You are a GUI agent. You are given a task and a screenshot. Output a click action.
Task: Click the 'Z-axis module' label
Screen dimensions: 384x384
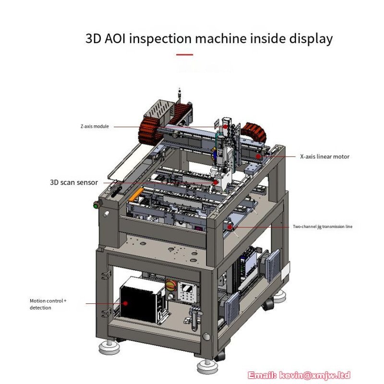95,126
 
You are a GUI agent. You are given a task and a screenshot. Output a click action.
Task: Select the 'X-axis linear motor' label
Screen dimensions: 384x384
325,156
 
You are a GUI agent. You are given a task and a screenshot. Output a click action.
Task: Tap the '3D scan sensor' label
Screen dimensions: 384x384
74,182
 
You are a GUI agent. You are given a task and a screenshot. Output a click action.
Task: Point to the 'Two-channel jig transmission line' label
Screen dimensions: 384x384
323,227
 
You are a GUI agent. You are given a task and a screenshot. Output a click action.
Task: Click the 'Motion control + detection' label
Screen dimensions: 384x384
48,304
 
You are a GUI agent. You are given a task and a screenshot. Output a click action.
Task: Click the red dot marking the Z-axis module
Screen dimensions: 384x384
225,127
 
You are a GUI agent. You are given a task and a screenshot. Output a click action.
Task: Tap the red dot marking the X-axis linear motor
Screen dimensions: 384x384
258,156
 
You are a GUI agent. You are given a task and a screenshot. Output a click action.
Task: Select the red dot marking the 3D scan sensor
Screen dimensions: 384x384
216,182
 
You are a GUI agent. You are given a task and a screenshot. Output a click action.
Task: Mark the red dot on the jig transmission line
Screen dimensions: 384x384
229,227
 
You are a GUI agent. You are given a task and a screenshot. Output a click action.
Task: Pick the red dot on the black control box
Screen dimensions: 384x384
125,303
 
